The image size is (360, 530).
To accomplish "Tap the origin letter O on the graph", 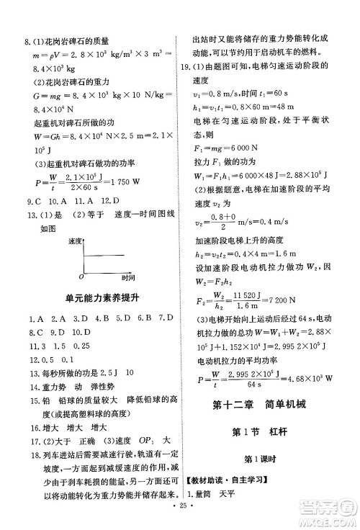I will [81, 275].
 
